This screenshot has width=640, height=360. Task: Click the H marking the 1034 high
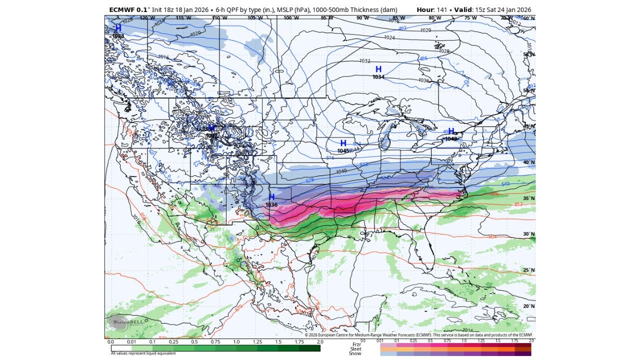tap(378, 69)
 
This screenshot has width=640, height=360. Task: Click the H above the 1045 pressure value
tap(343, 143)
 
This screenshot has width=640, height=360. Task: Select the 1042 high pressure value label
tap(451, 139)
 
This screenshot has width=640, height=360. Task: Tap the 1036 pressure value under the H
tap(271, 205)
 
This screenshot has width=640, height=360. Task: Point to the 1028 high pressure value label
tap(118, 36)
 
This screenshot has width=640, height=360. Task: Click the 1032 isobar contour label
tap(365, 61)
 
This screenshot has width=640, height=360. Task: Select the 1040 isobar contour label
tap(341, 171)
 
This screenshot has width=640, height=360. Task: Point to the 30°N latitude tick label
tap(528, 234)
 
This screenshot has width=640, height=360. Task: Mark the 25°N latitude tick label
tap(528, 270)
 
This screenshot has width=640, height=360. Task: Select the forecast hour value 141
tap(441, 9)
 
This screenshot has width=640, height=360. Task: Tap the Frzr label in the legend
tap(356, 344)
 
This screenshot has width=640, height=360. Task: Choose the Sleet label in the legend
tap(356, 348)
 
